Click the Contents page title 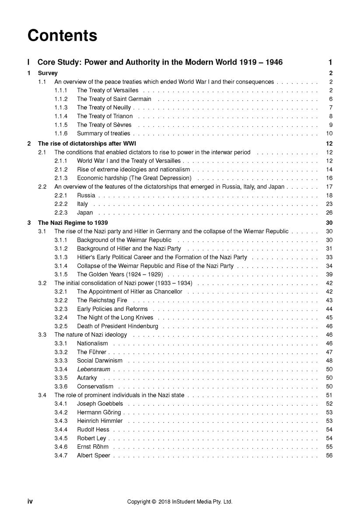click(x=62, y=35)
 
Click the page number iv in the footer click(x=30, y=502)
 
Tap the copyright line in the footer click(x=179, y=502)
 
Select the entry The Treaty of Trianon click(x=105, y=116)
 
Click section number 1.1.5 click(x=61, y=125)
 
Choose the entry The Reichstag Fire click(x=102, y=300)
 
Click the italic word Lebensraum click(x=93, y=370)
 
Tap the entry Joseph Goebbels click(x=100, y=404)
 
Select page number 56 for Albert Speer click(x=329, y=456)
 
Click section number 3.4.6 click(x=61, y=447)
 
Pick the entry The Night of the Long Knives click(x=115, y=317)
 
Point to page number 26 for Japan click(x=329, y=213)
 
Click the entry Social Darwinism click(x=99, y=361)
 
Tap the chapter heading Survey click(x=48, y=73)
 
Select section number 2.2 click(x=42, y=187)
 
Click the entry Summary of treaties click(x=103, y=134)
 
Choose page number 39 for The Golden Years click(x=329, y=275)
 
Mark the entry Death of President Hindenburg click(x=117, y=326)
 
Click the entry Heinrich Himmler click(x=100, y=421)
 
